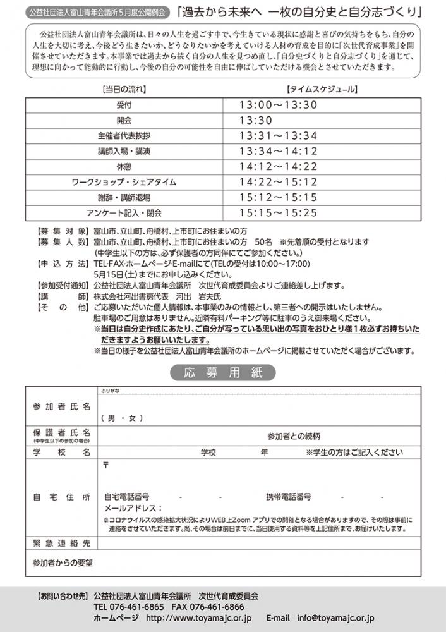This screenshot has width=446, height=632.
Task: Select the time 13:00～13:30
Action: click(278, 105)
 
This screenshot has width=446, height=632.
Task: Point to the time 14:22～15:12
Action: click(278, 183)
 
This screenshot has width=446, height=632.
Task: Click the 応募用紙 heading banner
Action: click(223, 374)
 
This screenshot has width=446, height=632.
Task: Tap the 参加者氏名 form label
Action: click(62, 405)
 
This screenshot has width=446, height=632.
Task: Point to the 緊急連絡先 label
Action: click(62, 543)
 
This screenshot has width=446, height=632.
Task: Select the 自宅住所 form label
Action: click(62, 497)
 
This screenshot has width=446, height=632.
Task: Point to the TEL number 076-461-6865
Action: click(128, 607)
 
